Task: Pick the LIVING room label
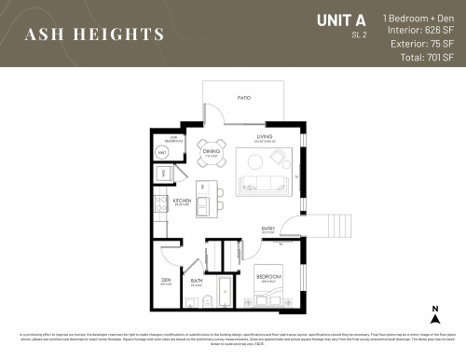pyautogui.click(x=264, y=139)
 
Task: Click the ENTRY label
pyautogui.click(x=268, y=228)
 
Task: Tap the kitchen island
pyautogui.click(x=213, y=197)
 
